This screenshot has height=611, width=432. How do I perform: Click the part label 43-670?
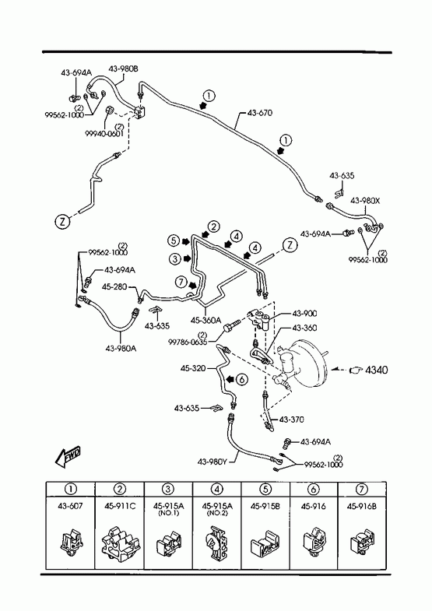260,113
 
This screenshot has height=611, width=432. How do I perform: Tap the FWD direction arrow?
68,456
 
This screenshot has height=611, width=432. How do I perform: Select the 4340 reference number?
376,370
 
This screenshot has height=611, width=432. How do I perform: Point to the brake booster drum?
308,364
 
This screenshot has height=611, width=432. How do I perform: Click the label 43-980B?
123,69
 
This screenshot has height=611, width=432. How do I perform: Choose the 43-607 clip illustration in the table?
71,542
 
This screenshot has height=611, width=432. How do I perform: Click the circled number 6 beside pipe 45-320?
242,378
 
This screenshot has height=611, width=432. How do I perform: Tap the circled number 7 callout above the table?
181,282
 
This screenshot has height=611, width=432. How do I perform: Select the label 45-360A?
205,320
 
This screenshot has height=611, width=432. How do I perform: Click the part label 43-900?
304,314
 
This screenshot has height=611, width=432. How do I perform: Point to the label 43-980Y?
212,462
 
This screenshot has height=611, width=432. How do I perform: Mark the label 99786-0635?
188,342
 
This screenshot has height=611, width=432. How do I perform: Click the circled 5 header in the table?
265,489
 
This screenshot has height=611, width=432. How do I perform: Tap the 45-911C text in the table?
120,506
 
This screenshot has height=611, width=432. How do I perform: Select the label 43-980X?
365,201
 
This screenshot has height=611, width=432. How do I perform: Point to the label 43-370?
292,420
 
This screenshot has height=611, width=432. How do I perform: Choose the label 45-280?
114,286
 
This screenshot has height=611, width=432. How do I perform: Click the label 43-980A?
121,349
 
